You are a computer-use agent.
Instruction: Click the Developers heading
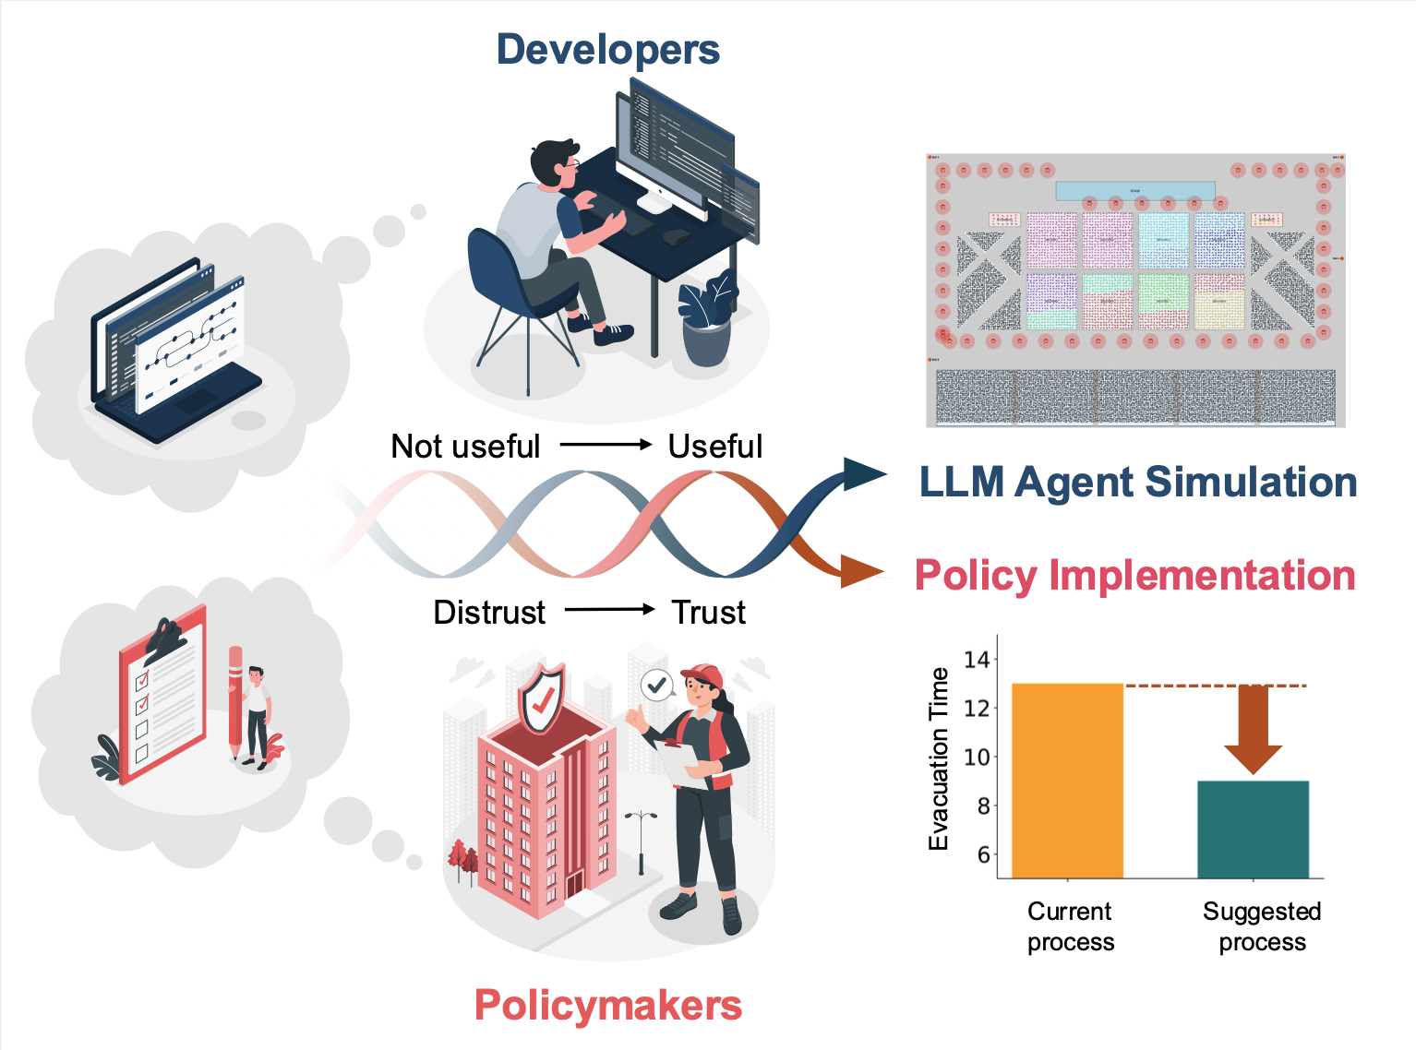607,50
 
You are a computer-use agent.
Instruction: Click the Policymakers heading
607,1005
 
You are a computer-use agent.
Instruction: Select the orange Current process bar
1067,781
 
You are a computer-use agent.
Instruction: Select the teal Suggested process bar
1253,829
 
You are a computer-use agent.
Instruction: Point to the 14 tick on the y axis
976,660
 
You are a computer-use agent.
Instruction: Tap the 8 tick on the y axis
983,805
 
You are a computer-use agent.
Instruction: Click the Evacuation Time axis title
939,758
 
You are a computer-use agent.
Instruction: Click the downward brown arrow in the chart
1253,729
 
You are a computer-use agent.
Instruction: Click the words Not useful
465,447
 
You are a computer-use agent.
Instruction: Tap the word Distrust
489,613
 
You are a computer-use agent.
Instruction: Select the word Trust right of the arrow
708,613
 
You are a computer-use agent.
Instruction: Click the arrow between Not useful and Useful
606,445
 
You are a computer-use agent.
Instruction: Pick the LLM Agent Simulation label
1137,483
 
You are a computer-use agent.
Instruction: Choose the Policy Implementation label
1134,576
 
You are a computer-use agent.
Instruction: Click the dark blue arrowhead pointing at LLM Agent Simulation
864,474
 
